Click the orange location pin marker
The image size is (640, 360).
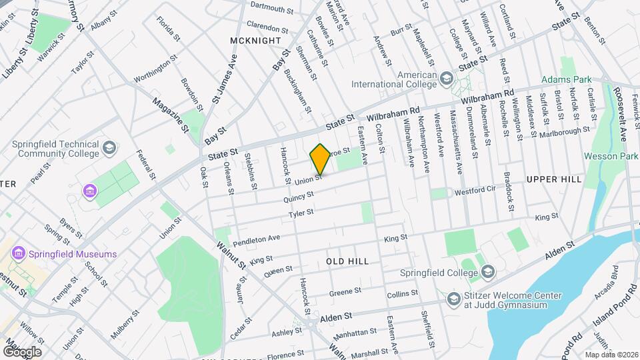point(320,159)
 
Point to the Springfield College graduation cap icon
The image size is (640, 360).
point(488,272)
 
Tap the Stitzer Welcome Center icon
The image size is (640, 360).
point(455,298)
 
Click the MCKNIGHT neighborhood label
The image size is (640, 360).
point(255,41)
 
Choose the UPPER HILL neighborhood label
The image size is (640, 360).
point(554,179)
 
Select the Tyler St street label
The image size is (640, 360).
point(301,214)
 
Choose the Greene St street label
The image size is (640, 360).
point(345,292)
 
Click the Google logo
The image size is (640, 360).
point(21,351)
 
